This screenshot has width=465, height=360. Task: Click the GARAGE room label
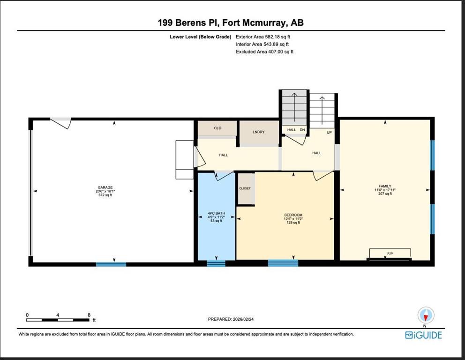tap(105, 187)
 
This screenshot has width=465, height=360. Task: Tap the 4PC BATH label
tap(216, 213)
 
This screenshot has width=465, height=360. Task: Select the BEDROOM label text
tap(293, 215)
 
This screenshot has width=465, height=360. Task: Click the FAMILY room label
tap(385, 186)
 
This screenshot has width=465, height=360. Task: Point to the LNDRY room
tap(258, 132)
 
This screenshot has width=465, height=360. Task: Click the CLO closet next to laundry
tap(217, 128)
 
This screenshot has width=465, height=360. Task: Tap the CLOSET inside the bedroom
tap(245, 188)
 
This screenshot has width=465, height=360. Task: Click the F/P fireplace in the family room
tap(390, 254)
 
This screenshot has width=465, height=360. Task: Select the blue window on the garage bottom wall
tap(111, 264)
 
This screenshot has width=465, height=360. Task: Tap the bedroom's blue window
tap(283, 263)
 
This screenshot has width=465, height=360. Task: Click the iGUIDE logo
tap(424, 335)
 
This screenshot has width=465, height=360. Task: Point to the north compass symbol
tap(426, 315)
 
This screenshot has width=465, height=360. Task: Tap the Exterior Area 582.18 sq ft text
tap(266, 37)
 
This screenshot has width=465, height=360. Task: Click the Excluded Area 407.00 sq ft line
tap(264, 52)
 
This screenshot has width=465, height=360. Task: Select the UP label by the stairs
tap(329, 132)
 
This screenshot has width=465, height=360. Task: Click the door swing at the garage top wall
tap(61, 123)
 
